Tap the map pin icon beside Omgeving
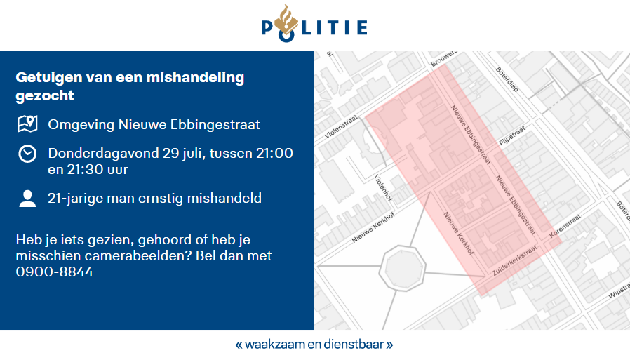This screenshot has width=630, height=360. (27, 124)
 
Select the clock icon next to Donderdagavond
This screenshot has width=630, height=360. (27, 154)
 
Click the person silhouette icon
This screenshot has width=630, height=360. (27, 199)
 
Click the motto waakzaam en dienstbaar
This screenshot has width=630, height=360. (314, 345)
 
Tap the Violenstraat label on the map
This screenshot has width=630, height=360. (342, 126)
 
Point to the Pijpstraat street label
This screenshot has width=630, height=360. (511, 135)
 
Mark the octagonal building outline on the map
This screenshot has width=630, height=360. (402, 266)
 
